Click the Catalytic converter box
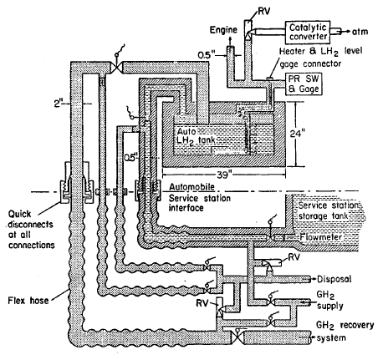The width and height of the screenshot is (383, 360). point(308,32)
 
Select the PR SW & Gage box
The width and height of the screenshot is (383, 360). point(304,84)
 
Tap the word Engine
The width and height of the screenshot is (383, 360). point(223,30)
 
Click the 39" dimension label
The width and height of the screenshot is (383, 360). point(225,175)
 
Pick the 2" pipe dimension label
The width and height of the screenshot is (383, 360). point(58,104)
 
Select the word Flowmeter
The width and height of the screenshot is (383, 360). point(320,237)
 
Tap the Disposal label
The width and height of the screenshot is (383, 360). point(334,279)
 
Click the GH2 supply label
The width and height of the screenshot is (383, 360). point(329,301)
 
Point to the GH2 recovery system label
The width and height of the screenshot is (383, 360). point(345,332)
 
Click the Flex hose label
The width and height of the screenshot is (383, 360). point(28,301)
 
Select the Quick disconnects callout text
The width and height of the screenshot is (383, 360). point(31,230)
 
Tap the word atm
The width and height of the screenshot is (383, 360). point(360,32)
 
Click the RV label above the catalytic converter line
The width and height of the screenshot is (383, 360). point(263,12)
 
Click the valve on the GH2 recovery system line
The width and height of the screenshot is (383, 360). point(237,337)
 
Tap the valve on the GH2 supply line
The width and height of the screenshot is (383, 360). point(271,302)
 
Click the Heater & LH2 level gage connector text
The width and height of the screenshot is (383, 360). point(320,58)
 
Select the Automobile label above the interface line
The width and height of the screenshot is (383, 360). point(192,186)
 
